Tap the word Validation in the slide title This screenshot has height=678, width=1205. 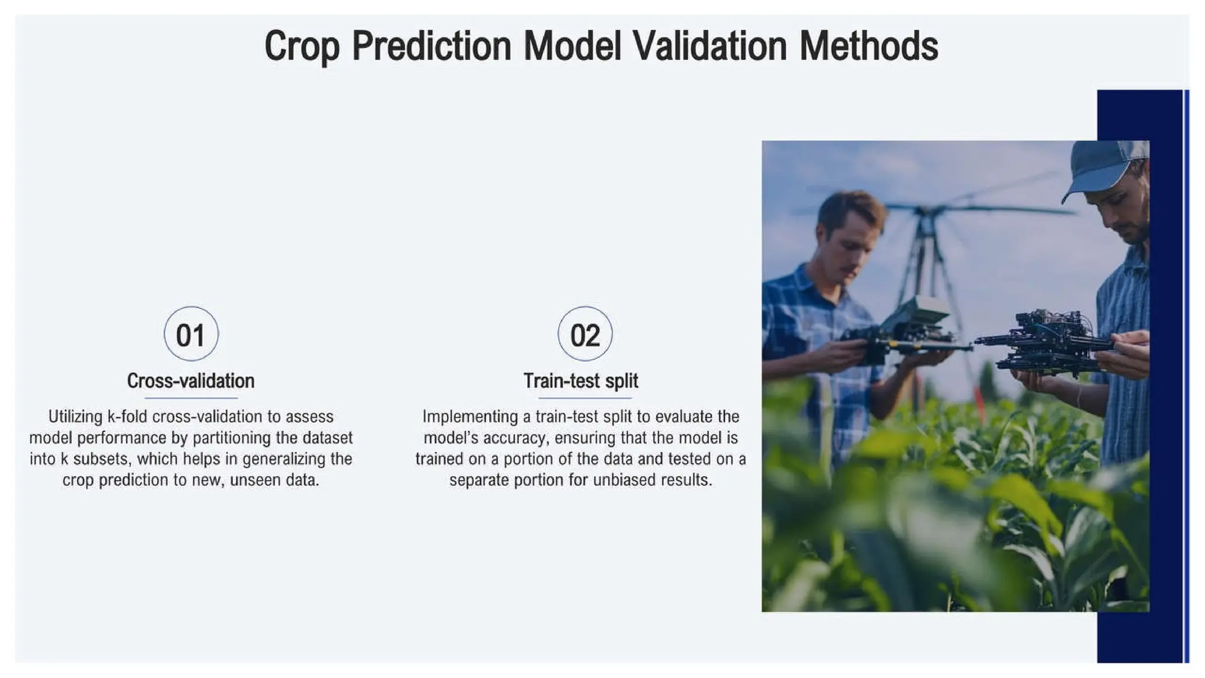pos(710,46)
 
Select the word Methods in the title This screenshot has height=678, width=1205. pos(868,46)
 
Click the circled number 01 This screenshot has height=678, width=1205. pos(191,334)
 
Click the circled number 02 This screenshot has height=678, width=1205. pos(585,334)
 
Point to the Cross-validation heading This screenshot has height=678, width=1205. pos(191,381)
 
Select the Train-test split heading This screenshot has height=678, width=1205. pos(581,381)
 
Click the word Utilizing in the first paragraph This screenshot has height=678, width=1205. pos(75,417)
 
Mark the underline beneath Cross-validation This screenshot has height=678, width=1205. pos(191,398)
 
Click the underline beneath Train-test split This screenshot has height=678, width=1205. pos(581,398)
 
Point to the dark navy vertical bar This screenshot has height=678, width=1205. pos(1139,636)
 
